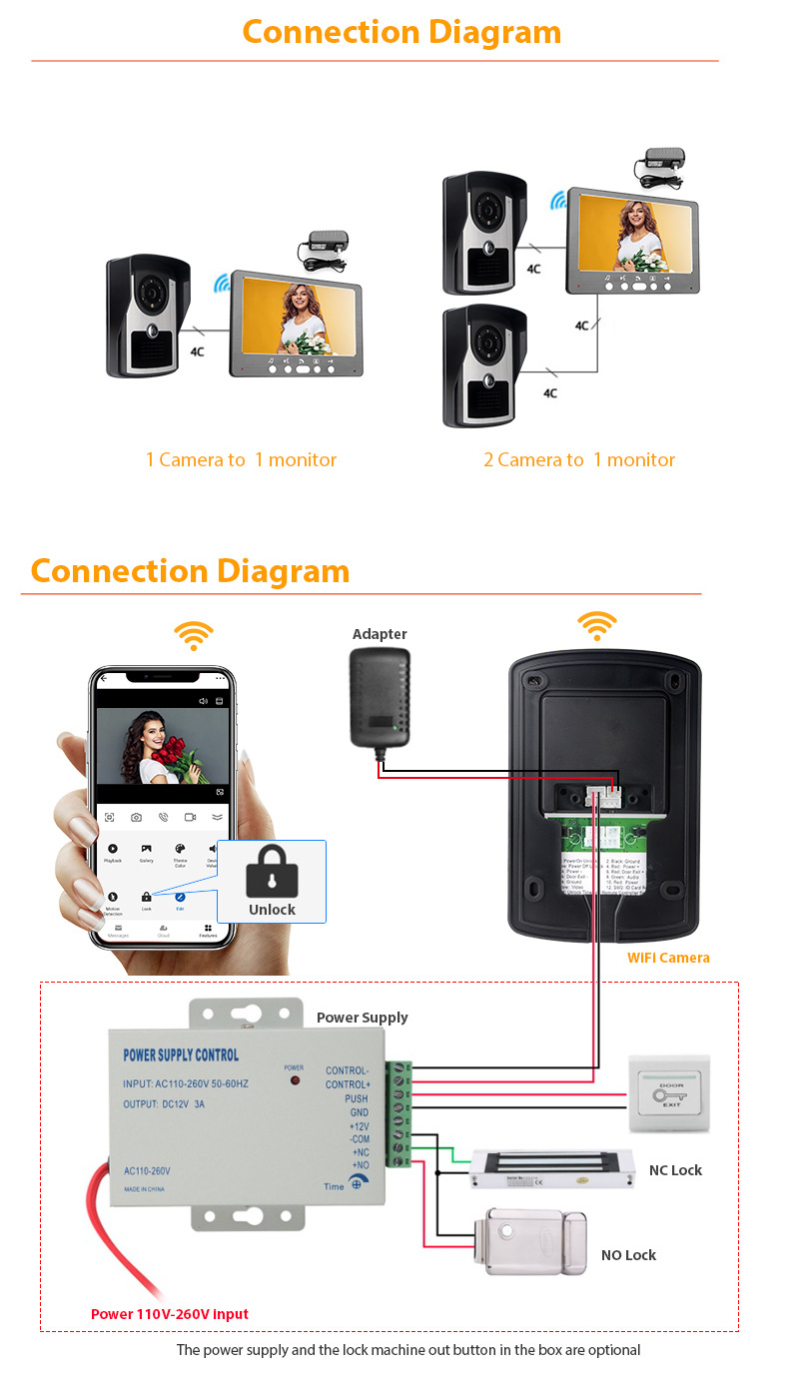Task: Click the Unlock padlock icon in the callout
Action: (x=272, y=872)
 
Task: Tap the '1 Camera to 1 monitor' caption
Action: (x=241, y=460)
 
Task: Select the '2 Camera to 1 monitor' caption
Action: (x=579, y=460)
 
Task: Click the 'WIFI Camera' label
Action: (x=668, y=958)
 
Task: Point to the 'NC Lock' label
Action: (x=675, y=1170)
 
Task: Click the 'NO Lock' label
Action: (x=628, y=1255)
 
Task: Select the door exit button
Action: (x=669, y=1093)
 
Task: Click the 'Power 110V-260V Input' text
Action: (x=170, y=1314)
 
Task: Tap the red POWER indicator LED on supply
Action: (x=295, y=1080)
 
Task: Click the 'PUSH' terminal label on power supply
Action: (x=357, y=1098)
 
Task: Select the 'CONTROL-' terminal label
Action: (x=348, y=1070)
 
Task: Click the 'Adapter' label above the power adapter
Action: (x=380, y=634)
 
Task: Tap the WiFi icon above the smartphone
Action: (x=194, y=635)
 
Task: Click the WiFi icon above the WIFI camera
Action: (x=596, y=626)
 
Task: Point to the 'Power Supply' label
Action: (x=362, y=1018)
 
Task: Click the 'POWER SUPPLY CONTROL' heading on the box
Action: (x=181, y=1055)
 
